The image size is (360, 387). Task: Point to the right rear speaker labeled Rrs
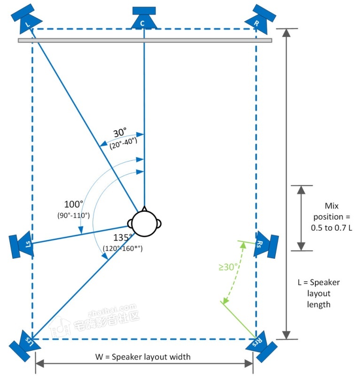pyautogui.click(x=261, y=347)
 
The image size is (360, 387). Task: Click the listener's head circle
pyautogui.click(x=145, y=223)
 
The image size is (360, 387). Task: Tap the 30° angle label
pyautogui.click(x=120, y=133)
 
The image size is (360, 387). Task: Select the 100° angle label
pyautogui.click(x=73, y=204)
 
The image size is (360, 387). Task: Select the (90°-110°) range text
pyautogui.click(x=74, y=215)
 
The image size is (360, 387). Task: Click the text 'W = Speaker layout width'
pyautogui.click(x=143, y=357)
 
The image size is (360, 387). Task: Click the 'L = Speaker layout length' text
pyautogui.click(x=319, y=294)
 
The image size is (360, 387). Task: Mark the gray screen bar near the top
pyautogui.click(x=145, y=41)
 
